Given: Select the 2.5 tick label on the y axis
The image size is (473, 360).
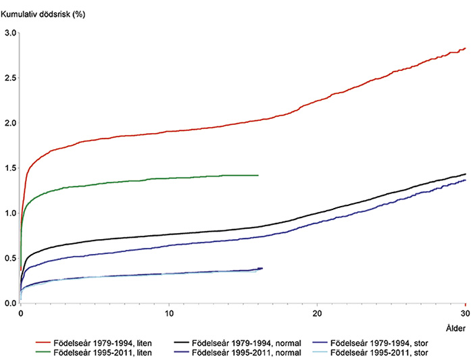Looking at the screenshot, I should [x=10, y=78].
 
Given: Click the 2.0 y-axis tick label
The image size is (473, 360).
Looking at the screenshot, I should [x=10, y=123].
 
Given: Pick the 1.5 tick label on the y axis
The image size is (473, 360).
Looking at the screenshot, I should [x=10, y=168].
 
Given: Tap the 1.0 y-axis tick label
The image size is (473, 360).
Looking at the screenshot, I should [x=10, y=213].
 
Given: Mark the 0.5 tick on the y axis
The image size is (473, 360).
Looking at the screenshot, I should [x=10, y=258].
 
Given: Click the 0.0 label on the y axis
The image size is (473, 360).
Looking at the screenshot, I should [x=10, y=303].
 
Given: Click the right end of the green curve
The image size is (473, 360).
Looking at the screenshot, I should [x=258, y=175].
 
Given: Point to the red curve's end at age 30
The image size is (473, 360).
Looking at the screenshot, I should [x=466, y=49].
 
